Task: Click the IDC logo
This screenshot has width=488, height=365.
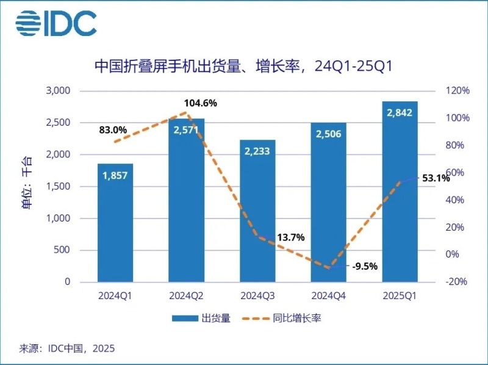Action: pyautogui.click(x=56, y=23)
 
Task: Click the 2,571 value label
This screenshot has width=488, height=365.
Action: pyautogui.click(x=186, y=129)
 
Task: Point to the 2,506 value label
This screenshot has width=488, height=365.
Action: pyautogui.click(x=328, y=134)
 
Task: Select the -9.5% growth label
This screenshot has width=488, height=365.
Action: pyautogui.click(x=365, y=266)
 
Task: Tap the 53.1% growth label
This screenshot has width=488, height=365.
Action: pyautogui.click(x=436, y=178)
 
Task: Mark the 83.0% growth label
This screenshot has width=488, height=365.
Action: pyautogui.click(x=113, y=130)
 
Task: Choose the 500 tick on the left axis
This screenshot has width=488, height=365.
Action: pyautogui.click(x=63, y=250)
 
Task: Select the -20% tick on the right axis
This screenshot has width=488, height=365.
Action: pyautogui.click(x=456, y=282)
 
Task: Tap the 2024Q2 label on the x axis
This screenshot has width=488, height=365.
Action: pyautogui.click(x=186, y=296)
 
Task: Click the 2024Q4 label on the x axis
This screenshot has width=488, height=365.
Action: pyautogui.click(x=328, y=296)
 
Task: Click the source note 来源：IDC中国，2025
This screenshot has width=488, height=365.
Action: pyautogui.click(x=68, y=349)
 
